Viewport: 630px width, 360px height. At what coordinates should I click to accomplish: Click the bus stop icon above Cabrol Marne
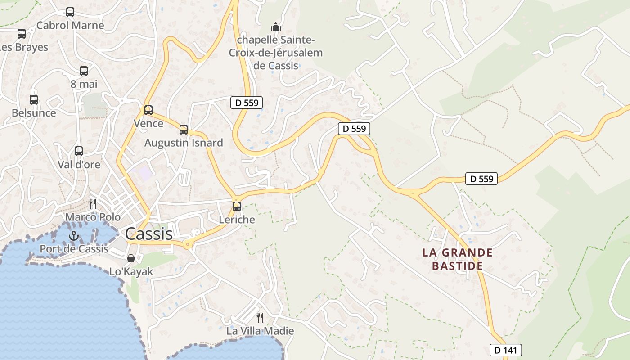point(70,12)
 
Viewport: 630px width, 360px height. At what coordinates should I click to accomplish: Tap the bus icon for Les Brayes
point(22,33)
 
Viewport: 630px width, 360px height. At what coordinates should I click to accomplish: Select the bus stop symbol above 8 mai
point(84,71)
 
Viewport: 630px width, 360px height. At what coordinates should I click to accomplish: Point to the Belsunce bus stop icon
point(34,100)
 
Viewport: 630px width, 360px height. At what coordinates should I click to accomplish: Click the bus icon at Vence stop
point(148,110)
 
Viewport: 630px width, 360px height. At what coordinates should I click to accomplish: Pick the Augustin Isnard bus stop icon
point(184,130)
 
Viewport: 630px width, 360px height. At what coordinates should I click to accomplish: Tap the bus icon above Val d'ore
point(79,151)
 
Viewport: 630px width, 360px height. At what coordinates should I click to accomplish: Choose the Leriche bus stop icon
point(237,207)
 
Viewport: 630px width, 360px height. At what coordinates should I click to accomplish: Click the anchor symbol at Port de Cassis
point(73,235)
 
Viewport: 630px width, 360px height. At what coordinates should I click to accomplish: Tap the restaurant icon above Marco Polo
point(93,204)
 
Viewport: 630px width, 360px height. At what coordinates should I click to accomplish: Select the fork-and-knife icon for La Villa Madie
point(260,318)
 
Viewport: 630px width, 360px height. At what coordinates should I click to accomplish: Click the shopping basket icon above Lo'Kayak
point(131,258)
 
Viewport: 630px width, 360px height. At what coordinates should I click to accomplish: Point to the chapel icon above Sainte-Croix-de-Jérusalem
point(276,27)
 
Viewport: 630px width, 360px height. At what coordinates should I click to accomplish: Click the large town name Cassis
point(149,234)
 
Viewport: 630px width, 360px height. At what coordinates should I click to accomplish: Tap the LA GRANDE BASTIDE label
point(458,259)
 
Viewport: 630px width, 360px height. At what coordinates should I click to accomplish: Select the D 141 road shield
point(506,350)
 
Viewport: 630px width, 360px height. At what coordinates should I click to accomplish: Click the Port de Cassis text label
point(74,248)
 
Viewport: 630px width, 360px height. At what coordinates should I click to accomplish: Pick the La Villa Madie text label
point(260,331)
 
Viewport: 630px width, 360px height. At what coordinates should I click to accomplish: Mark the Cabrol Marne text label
point(70,25)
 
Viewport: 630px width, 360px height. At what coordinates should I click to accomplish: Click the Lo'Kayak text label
point(131,271)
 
